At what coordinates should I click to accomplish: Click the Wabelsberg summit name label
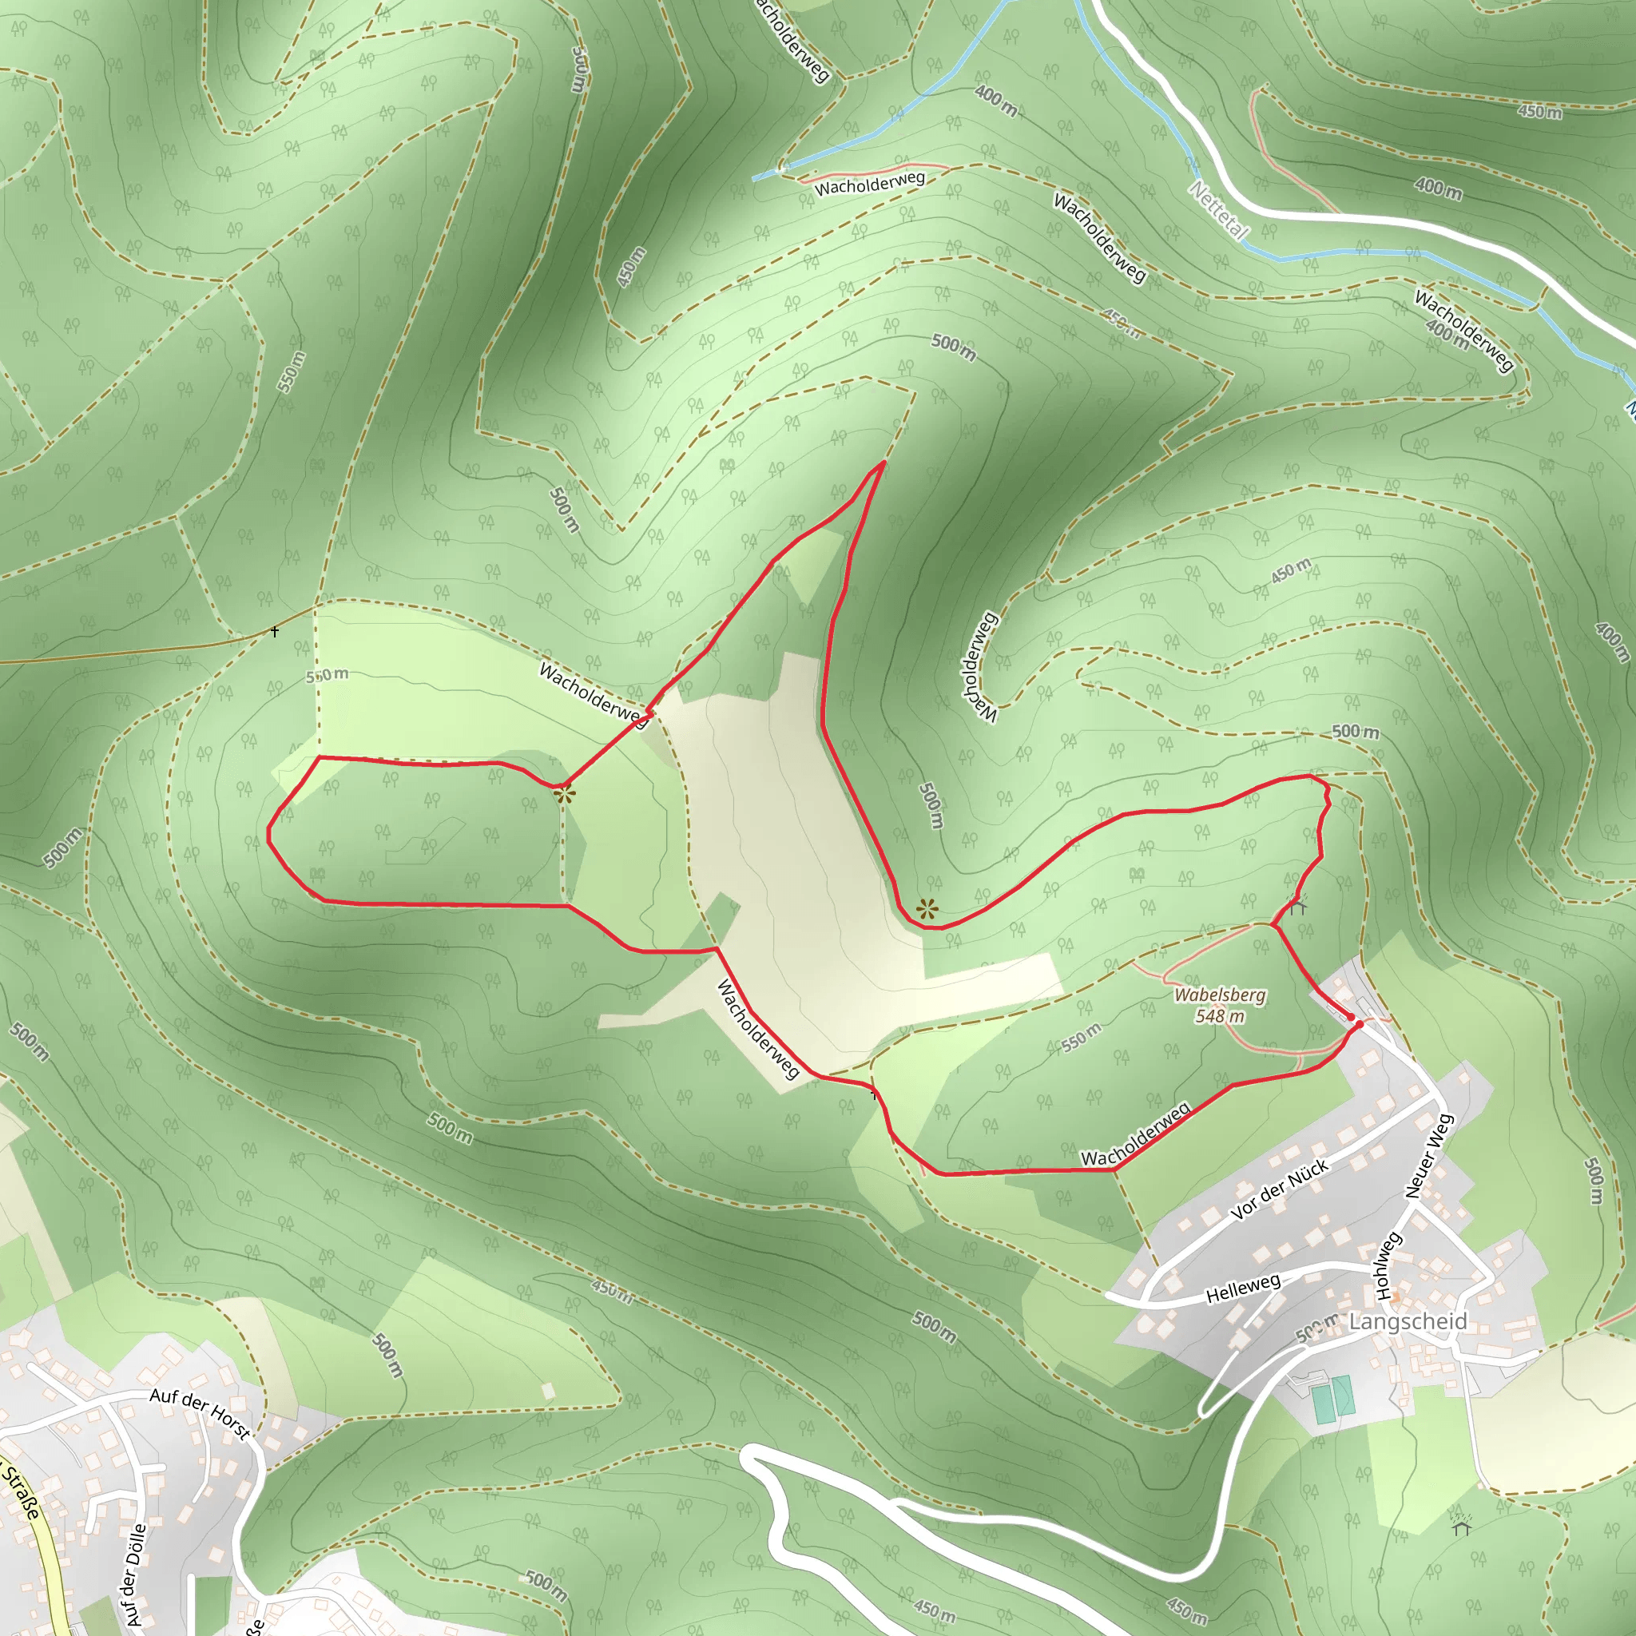(x=1221, y=996)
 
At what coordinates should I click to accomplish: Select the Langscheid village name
(x=1408, y=1322)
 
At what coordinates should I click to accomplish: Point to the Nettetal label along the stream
(x=1218, y=210)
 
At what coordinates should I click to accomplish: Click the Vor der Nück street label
(x=1279, y=1190)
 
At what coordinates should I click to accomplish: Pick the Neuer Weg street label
(x=1430, y=1155)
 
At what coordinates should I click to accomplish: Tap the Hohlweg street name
(x=1385, y=1267)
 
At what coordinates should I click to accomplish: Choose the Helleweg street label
(x=1243, y=1289)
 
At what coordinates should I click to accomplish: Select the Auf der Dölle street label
(x=135, y=1574)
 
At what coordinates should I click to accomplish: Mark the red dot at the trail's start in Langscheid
(x=1358, y=1025)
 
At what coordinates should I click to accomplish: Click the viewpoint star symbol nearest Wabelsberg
(x=927, y=909)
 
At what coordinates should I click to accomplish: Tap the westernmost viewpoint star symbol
(x=566, y=795)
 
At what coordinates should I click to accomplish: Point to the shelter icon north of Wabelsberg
(x=1298, y=907)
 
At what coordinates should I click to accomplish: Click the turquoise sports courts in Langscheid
(x=1332, y=1398)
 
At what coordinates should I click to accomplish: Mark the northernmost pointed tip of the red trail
(x=884, y=463)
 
